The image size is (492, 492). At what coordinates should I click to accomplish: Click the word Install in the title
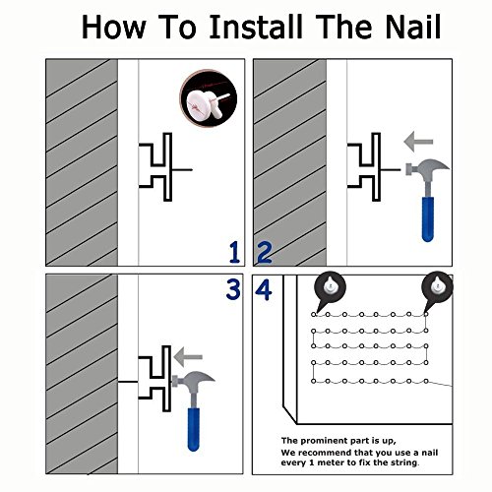pyautogui.click(x=256, y=27)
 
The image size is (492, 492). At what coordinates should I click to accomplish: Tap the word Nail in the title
pyautogui.click(x=412, y=27)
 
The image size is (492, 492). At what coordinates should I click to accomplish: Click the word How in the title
pyautogui.click(x=113, y=27)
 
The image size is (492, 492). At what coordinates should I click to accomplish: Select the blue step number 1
pyautogui.click(x=234, y=252)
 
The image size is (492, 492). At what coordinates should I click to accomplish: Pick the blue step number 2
pyautogui.click(x=265, y=252)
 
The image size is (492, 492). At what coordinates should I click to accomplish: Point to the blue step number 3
pyautogui.click(x=233, y=289)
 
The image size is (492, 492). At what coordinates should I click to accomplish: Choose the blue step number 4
pyautogui.click(x=264, y=289)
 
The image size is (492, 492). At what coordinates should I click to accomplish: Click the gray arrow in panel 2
pyautogui.click(x=418, y=142)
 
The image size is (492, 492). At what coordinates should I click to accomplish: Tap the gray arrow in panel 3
pyautogui.click(x=188, y=357)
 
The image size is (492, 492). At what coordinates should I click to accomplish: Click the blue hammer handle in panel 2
pyautogui.click(x=428, y=219)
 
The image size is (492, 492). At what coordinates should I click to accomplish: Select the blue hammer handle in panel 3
pyautogui.click(x=194, y=429)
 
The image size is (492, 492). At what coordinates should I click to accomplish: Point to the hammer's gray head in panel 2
pyautogui.click(x=427, y=167)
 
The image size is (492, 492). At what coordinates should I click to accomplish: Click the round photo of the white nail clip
pyautogui.click(x=209, y=98)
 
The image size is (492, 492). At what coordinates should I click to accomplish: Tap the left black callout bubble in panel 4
pyautogui.click(x=330, y=288)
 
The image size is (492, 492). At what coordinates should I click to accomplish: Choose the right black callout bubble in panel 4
pyautogui.click(x=437, y=288)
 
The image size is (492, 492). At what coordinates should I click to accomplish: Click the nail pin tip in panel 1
pyautogui.click(x=192, y=169)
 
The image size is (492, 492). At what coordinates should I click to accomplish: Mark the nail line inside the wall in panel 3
pyautogui.click(x=128, y=382)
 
